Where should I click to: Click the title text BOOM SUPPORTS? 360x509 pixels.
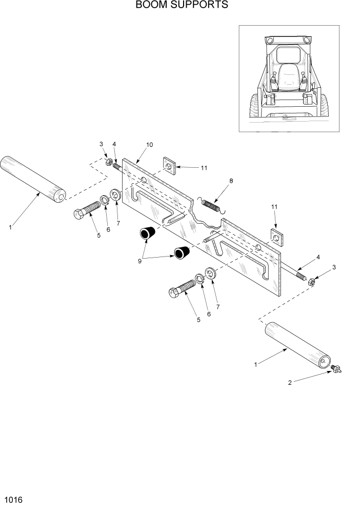[x=182, y=6]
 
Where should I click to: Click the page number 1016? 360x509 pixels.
[x=14, y=499]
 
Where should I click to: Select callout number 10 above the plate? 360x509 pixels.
[x=149, y=145]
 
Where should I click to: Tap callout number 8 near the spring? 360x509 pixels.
[x=231, y=181]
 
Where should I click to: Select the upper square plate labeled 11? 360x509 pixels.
[x=169, y=165]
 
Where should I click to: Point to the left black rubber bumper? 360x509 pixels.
[x=149, y=234]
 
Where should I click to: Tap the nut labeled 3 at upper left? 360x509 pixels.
[x=109, y=163]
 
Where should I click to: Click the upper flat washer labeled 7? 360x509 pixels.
[x=116, y=195]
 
